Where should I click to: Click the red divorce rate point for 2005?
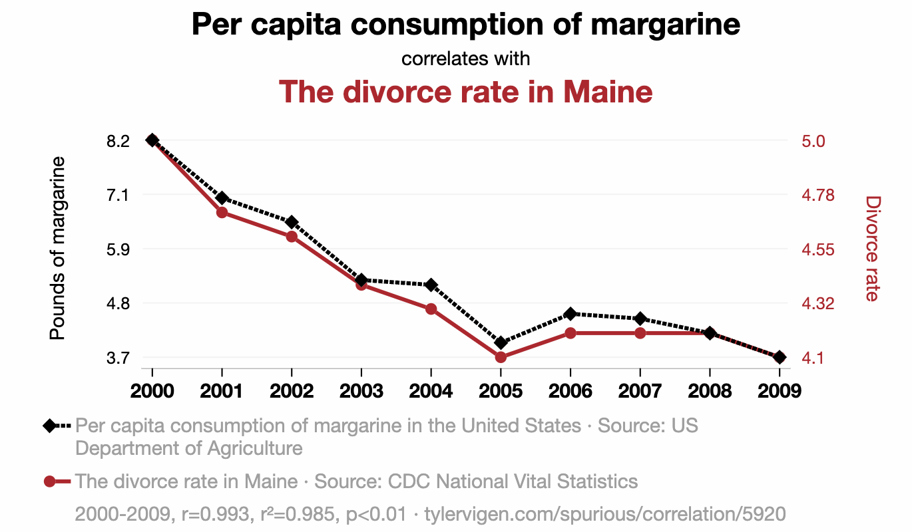(x=501, y=357)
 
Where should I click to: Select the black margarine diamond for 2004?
(x=431, y=285)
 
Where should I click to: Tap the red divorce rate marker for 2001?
(x=222, y=213)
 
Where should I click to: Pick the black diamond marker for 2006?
(x=570, y=313)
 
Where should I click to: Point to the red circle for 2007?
(x=640, y=332)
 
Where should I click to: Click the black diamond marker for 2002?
(x=292, y=221)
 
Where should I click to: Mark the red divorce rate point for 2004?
(x=431, y=309)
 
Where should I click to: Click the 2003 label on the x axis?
(x=361, y=390)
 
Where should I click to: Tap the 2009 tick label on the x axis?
(x=779, y=390)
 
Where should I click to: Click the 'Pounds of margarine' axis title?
(x=59, y=248)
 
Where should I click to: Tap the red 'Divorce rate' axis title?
(x=872, y=248)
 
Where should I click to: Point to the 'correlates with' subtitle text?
(x=465, y=59)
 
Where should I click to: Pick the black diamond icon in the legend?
(x=49, y=426)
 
